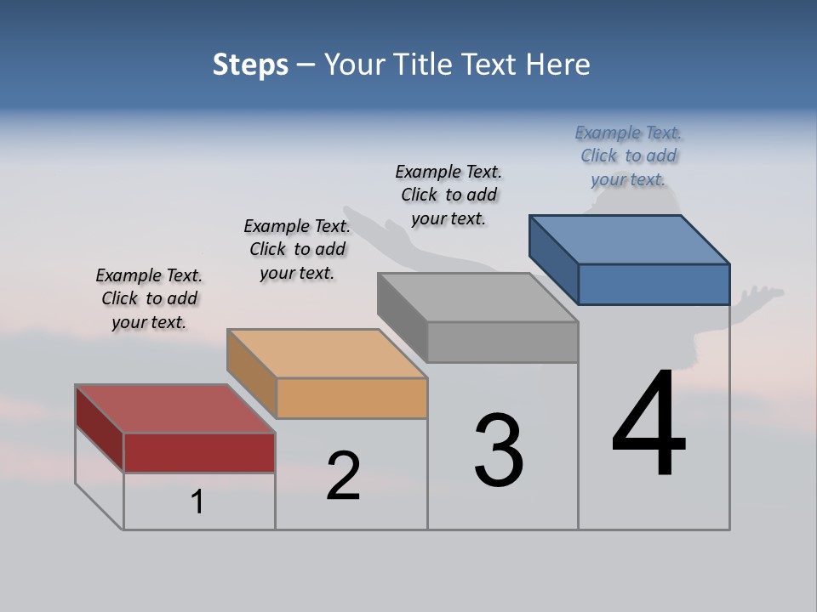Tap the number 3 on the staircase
[499, 450]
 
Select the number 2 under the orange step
[343, 476]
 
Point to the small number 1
[197, 502]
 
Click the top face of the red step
[174, 409]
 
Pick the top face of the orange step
[327, 353]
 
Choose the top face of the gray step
[477, 297]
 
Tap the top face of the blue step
[629, 239]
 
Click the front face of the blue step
[654, 284]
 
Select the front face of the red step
[199, 452]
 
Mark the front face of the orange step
[351, 398]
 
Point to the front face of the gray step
[502, 343]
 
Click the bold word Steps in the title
[250, 65]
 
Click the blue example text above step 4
[628, 156]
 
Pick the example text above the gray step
[448, 195]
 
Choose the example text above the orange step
[297, 249]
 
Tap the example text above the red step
[149, 298]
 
